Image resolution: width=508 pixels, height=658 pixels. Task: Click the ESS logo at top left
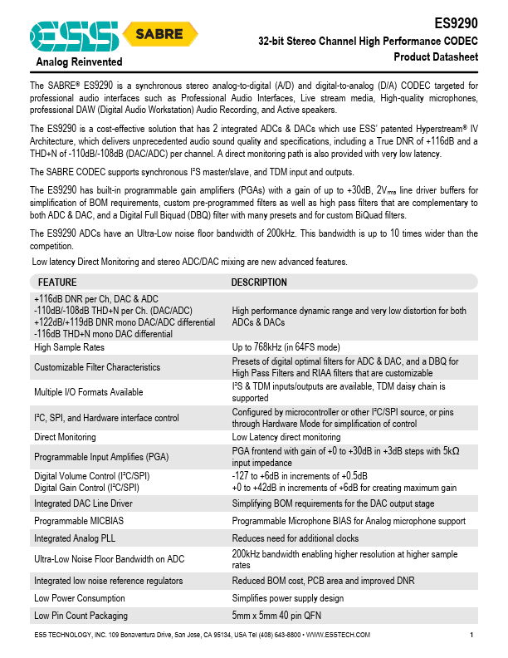click(x=73, y=35)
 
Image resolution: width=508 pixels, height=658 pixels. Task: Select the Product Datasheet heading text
click(x=436, y=56)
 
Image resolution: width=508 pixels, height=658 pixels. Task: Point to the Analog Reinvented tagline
click(x=79, y=62)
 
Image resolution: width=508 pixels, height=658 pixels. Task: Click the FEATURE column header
click(x=56, y=282)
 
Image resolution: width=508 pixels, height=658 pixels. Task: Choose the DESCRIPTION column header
click(x=259, y=282)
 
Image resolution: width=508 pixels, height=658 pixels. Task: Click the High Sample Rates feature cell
click(x=69, y=347)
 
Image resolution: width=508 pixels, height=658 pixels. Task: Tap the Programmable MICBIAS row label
click(x=80, y=521)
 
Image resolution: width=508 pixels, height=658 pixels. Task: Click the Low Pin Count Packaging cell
click(x=81, y=616)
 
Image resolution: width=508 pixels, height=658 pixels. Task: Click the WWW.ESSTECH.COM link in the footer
click(x=338, y=636)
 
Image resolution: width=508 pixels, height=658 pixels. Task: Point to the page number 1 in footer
click(x=471, y=636)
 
